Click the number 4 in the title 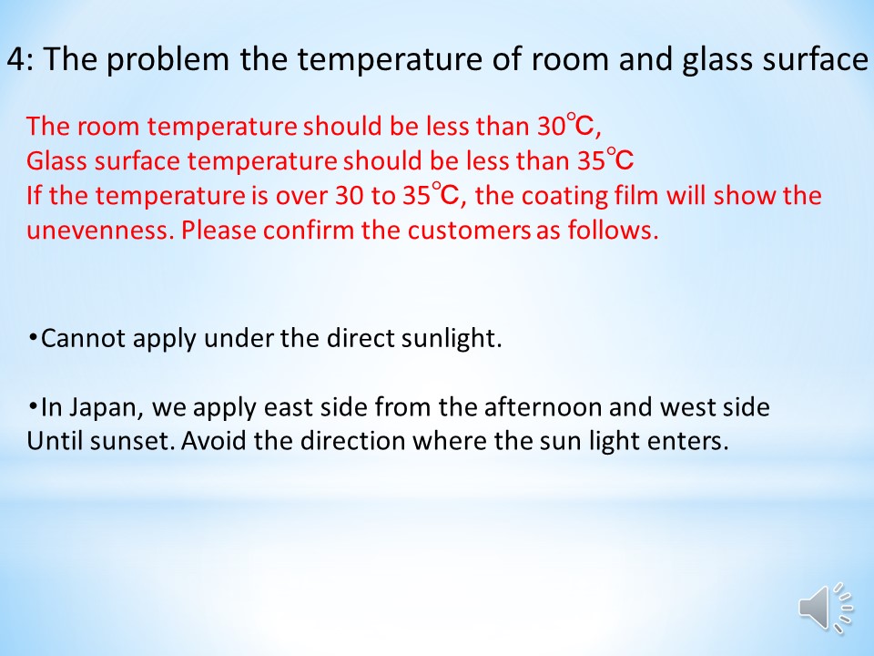point(15,59)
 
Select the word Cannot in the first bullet point(83,339)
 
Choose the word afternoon point(544,407)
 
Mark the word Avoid point(215,441)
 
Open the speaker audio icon point(826,608)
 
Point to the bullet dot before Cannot point(33,337)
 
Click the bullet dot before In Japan point(33,405)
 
